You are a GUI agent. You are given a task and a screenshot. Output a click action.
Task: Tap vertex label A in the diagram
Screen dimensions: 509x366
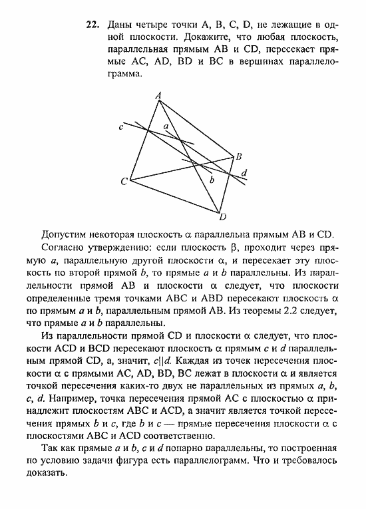pyautogui.click(x=158, y=96)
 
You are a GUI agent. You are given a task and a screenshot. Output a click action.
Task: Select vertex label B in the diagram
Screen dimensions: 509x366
pyautogui.click(x=239, y=156)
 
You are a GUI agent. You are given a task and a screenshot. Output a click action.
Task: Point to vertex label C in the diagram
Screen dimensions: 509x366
pyautogui.click(x=124, y=181)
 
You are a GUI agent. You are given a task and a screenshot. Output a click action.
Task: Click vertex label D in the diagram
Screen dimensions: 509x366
pyautogui.click(x=223, y=216)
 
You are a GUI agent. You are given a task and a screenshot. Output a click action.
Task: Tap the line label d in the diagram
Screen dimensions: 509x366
pyautogui.click(x=244, y=174)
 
